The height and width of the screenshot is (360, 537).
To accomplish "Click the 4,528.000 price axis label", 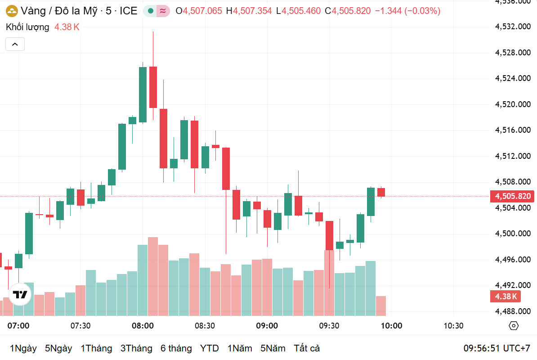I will coord(513,53).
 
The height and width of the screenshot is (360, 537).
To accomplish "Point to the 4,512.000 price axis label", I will coord(513,156).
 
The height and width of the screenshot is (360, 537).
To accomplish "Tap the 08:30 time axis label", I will coord(205,326).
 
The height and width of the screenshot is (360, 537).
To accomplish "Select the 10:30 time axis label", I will coord(453,326).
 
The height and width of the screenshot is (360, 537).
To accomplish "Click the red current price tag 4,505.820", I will coord(513,196).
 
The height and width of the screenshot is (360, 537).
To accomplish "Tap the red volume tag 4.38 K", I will coord(506,297).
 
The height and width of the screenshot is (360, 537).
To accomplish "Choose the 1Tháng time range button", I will coord(96,348).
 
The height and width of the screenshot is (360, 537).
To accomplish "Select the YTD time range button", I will coord(209,348).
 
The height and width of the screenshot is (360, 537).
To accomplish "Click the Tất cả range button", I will coord(307,348).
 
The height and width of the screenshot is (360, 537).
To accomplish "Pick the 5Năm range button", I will coord(273,348).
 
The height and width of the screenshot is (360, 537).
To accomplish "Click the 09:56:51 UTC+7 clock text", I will coord(497,348).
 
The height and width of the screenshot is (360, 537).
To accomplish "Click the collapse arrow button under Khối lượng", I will coord(15,44).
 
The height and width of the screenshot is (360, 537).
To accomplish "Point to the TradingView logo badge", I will coord(20,295).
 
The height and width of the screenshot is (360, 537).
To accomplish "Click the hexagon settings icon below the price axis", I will coord(514,326).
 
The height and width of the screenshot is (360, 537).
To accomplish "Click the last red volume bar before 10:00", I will coord(380,306).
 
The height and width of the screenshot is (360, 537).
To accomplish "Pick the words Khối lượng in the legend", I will coord(27,27).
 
